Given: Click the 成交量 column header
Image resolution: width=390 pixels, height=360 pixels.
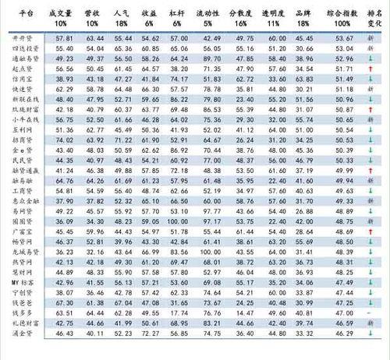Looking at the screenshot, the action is (59, 16).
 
